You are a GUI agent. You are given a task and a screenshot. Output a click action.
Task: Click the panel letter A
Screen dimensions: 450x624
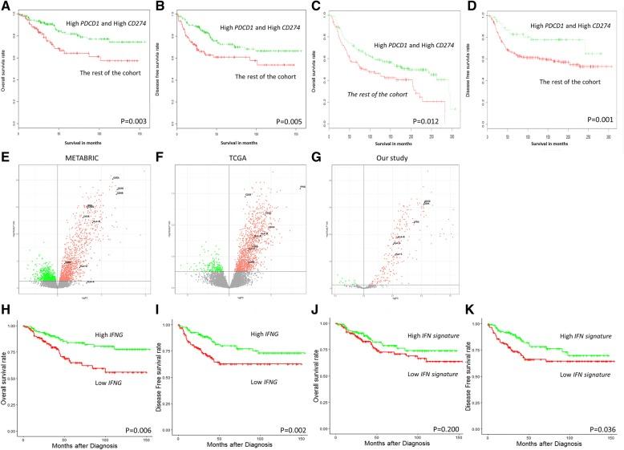6,7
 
